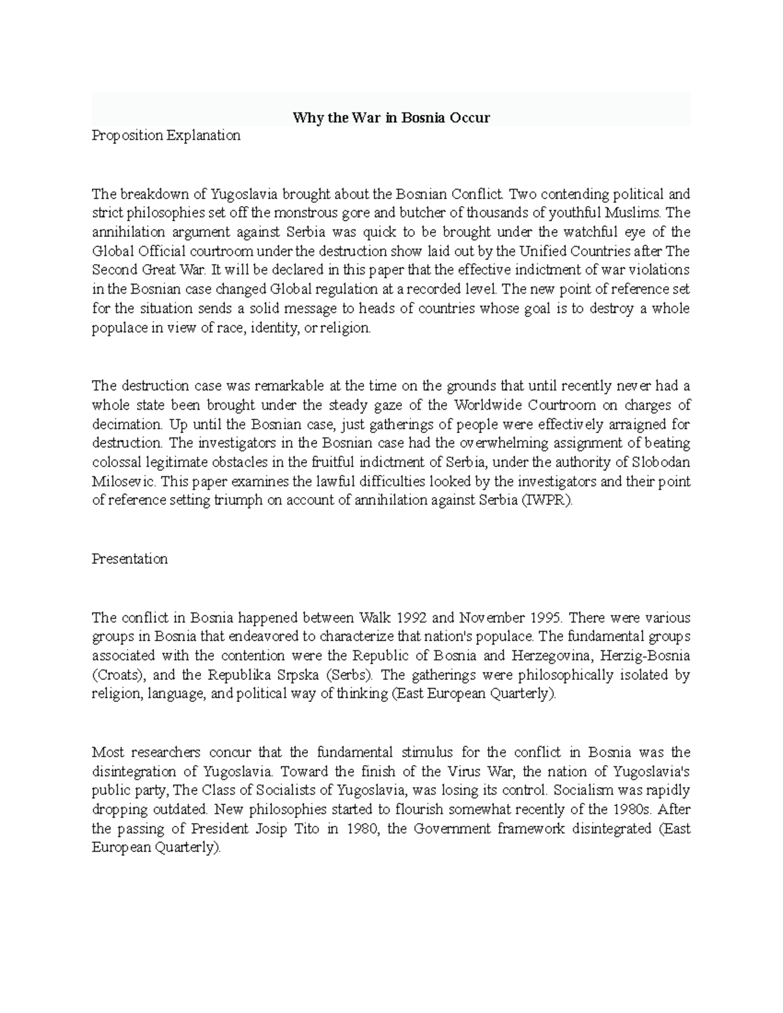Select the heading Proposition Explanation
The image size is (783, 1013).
coord(166,136)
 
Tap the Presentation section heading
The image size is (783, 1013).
coord(129,559)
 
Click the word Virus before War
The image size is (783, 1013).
coord(466,772)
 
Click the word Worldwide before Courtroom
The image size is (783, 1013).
coord(493,405)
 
